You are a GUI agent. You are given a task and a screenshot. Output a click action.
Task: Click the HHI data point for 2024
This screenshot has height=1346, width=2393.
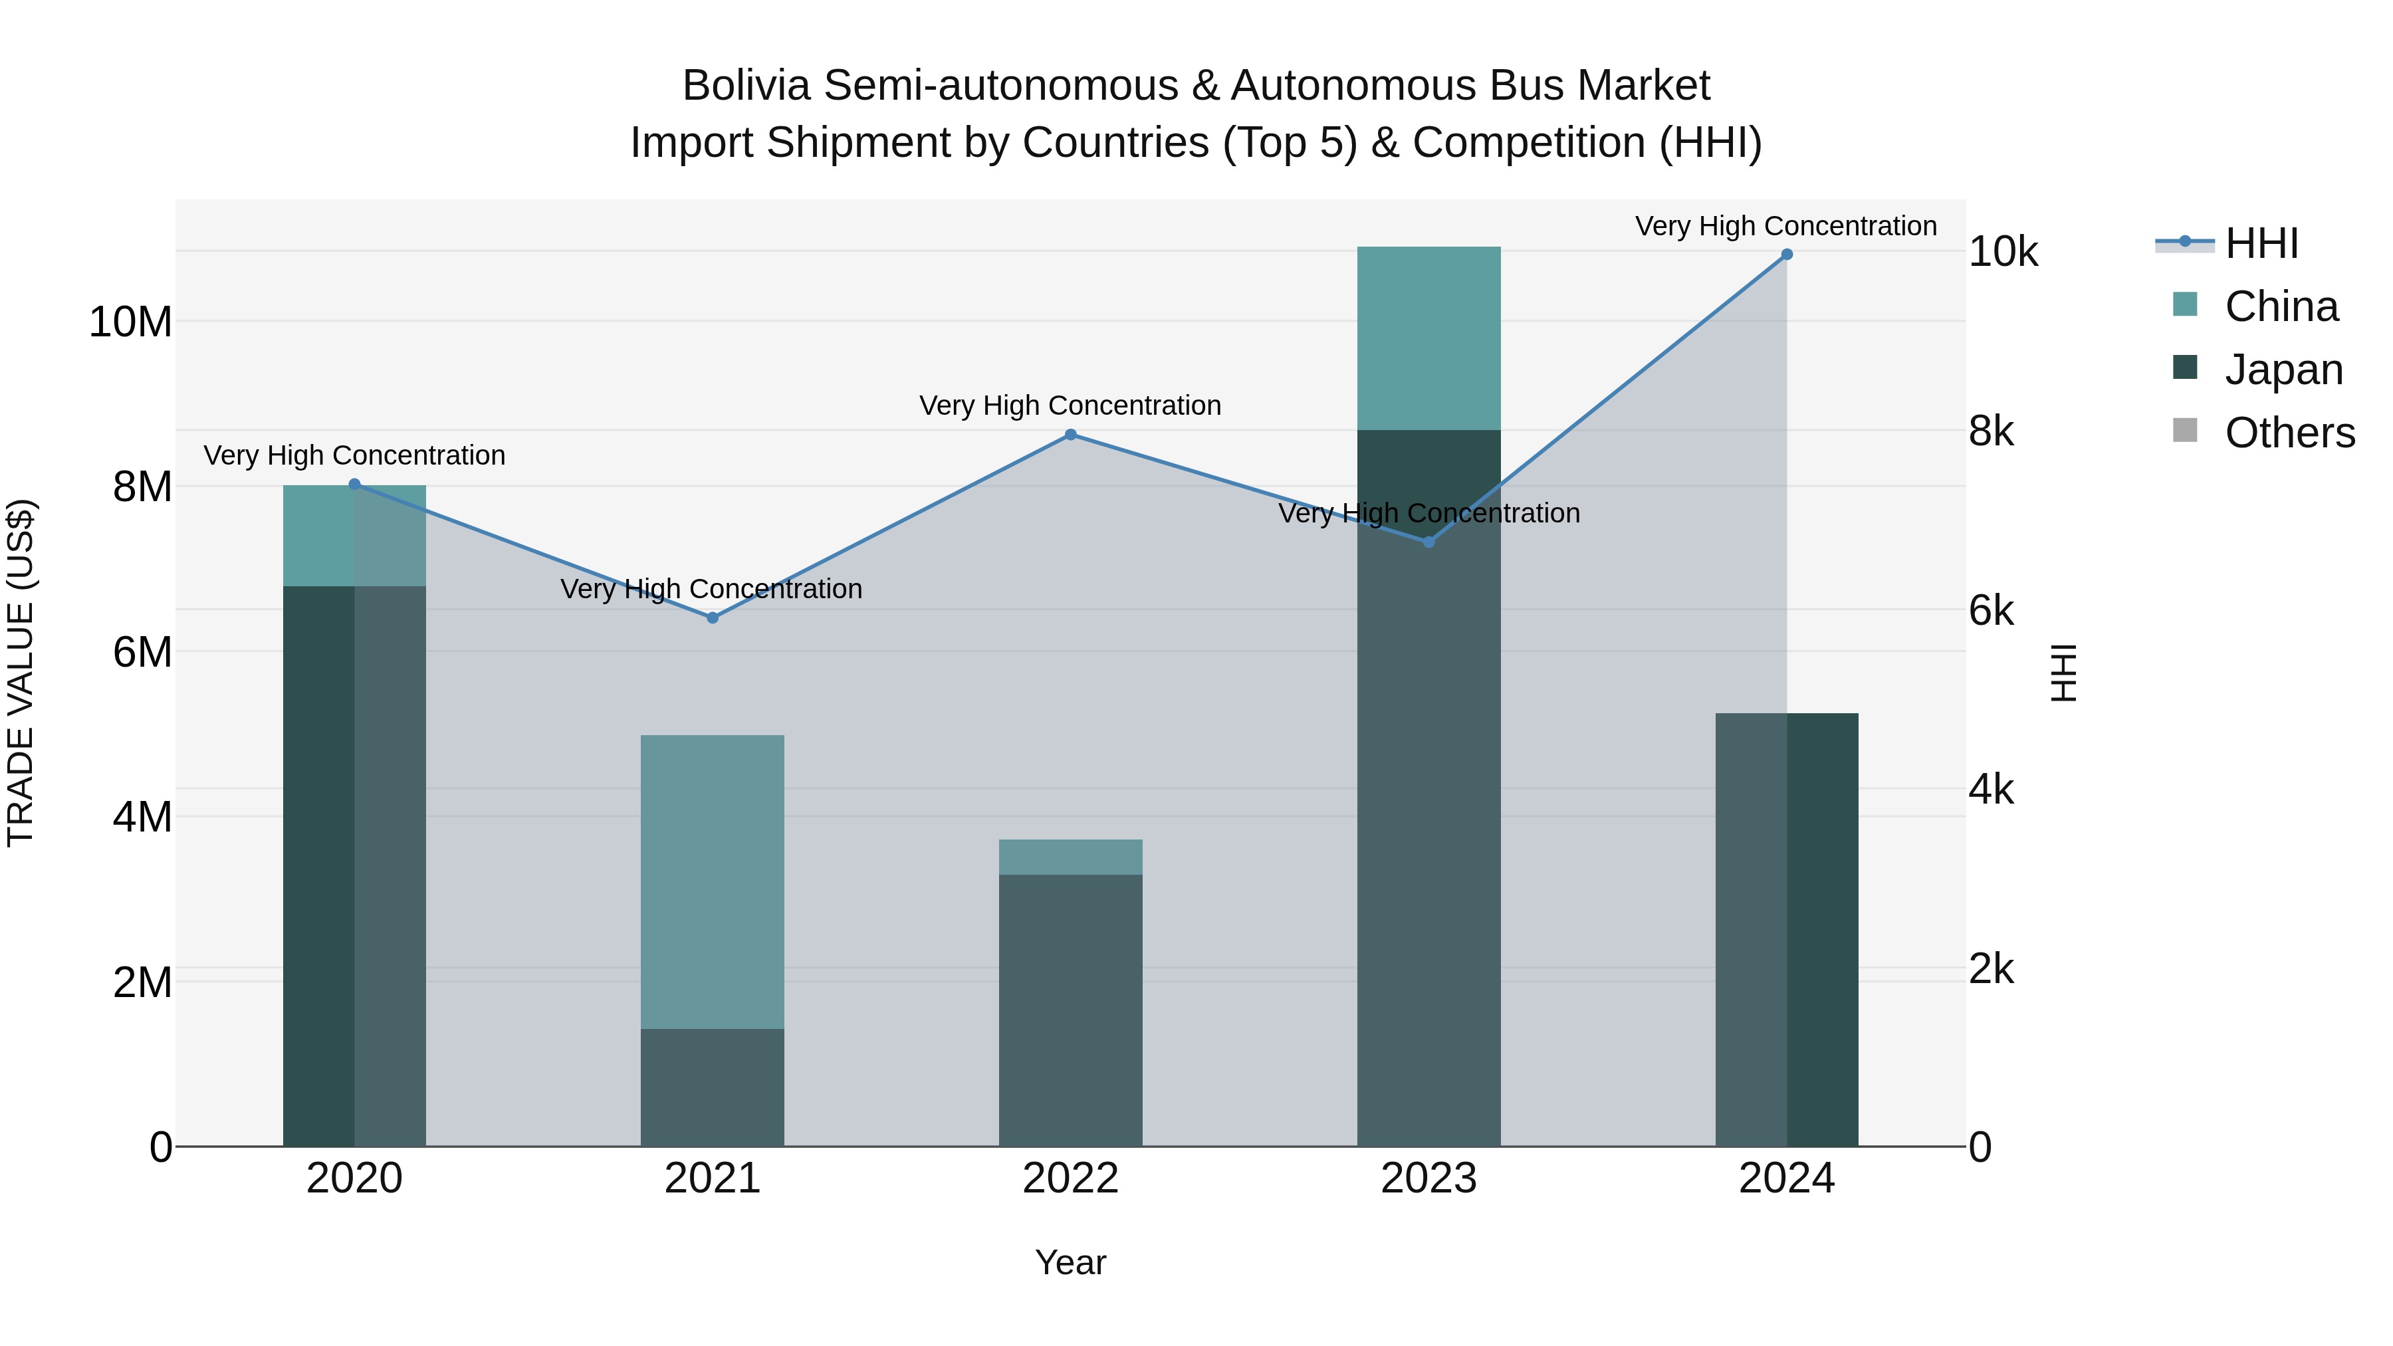pyautogui.click(x=1786, y=255)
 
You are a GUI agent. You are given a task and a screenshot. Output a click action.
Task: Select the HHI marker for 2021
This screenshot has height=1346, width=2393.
pyautogui.click(x=713, y=617)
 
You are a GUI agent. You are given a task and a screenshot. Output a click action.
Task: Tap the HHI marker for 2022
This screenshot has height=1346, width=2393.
pyautogui.click(x=1070, y=435)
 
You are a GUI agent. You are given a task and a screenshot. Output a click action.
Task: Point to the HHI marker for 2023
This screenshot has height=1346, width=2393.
pyautogui.click(x=1428, y=542)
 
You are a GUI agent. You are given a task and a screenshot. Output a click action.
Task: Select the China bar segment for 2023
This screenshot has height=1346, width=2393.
pyautogui.click(x=1428, y=338)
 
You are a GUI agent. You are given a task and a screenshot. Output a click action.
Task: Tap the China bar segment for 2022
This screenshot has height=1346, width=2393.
pyautogui.click(x=1070, y=857)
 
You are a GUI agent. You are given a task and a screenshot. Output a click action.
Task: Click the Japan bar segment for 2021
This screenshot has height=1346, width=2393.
pyautogui.click(x=713, y=1087)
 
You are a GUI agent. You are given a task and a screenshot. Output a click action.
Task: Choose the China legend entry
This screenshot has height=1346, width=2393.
pyautogui.click(x=2280, y=306)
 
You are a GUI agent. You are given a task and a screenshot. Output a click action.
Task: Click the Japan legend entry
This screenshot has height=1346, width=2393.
pyautogui.click(x=2283, y=370)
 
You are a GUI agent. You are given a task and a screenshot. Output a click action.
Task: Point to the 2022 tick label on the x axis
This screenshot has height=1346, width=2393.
pyautogui.click(x=1070, y=1178)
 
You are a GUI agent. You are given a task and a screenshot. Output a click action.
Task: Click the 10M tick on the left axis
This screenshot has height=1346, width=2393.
pyautogui.click(x=130, y=322)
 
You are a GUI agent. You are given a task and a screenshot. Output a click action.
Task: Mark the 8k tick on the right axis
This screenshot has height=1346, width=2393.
pyautogui.click(x=1991, y=431)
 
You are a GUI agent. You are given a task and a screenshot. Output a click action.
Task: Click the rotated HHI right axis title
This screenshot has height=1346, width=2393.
pyautogui.click(x=2063, y=673)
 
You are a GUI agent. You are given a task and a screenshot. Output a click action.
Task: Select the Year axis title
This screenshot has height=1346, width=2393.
pyautogui.click(x=1070, y=1262)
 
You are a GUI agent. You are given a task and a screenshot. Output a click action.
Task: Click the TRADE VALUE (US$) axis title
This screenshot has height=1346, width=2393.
pyautogui.click(x=21, y=673)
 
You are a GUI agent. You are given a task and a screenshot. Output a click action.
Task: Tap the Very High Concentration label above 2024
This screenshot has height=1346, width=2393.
pyautogui.click(x=1785, y=226)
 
